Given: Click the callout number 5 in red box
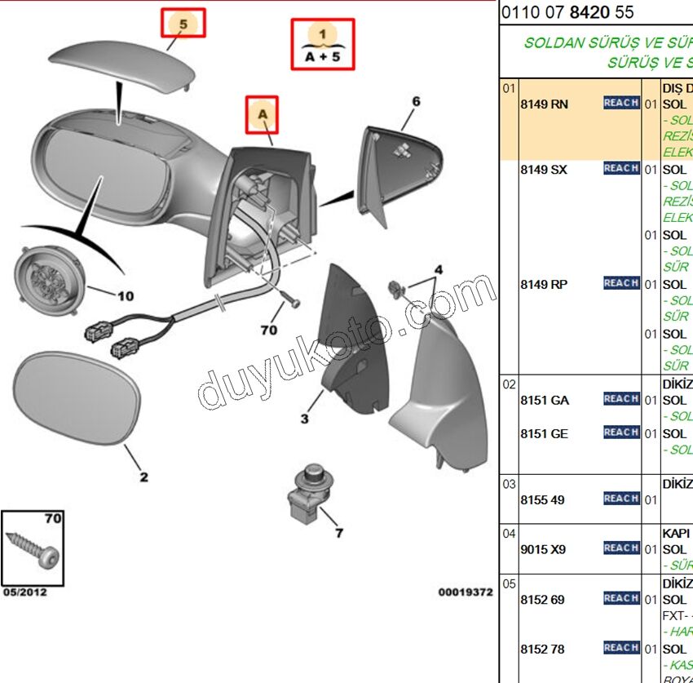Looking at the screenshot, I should click(183, 24).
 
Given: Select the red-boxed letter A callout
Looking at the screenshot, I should click(263, 115).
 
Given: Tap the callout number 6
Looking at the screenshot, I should click(416, 101).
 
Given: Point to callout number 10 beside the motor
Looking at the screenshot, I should click(126, 296).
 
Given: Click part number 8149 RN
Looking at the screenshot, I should click(544, 104).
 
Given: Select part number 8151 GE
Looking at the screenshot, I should click(544, 434).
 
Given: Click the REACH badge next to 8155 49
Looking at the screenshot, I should click(620, 499).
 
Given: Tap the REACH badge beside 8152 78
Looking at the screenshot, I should click(620, 648).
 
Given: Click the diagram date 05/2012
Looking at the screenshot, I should click(24, 592).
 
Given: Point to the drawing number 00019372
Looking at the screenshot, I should click(466, 592).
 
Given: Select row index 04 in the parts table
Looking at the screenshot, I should click(509, 534).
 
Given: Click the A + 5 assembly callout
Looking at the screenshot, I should click(323, 45).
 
